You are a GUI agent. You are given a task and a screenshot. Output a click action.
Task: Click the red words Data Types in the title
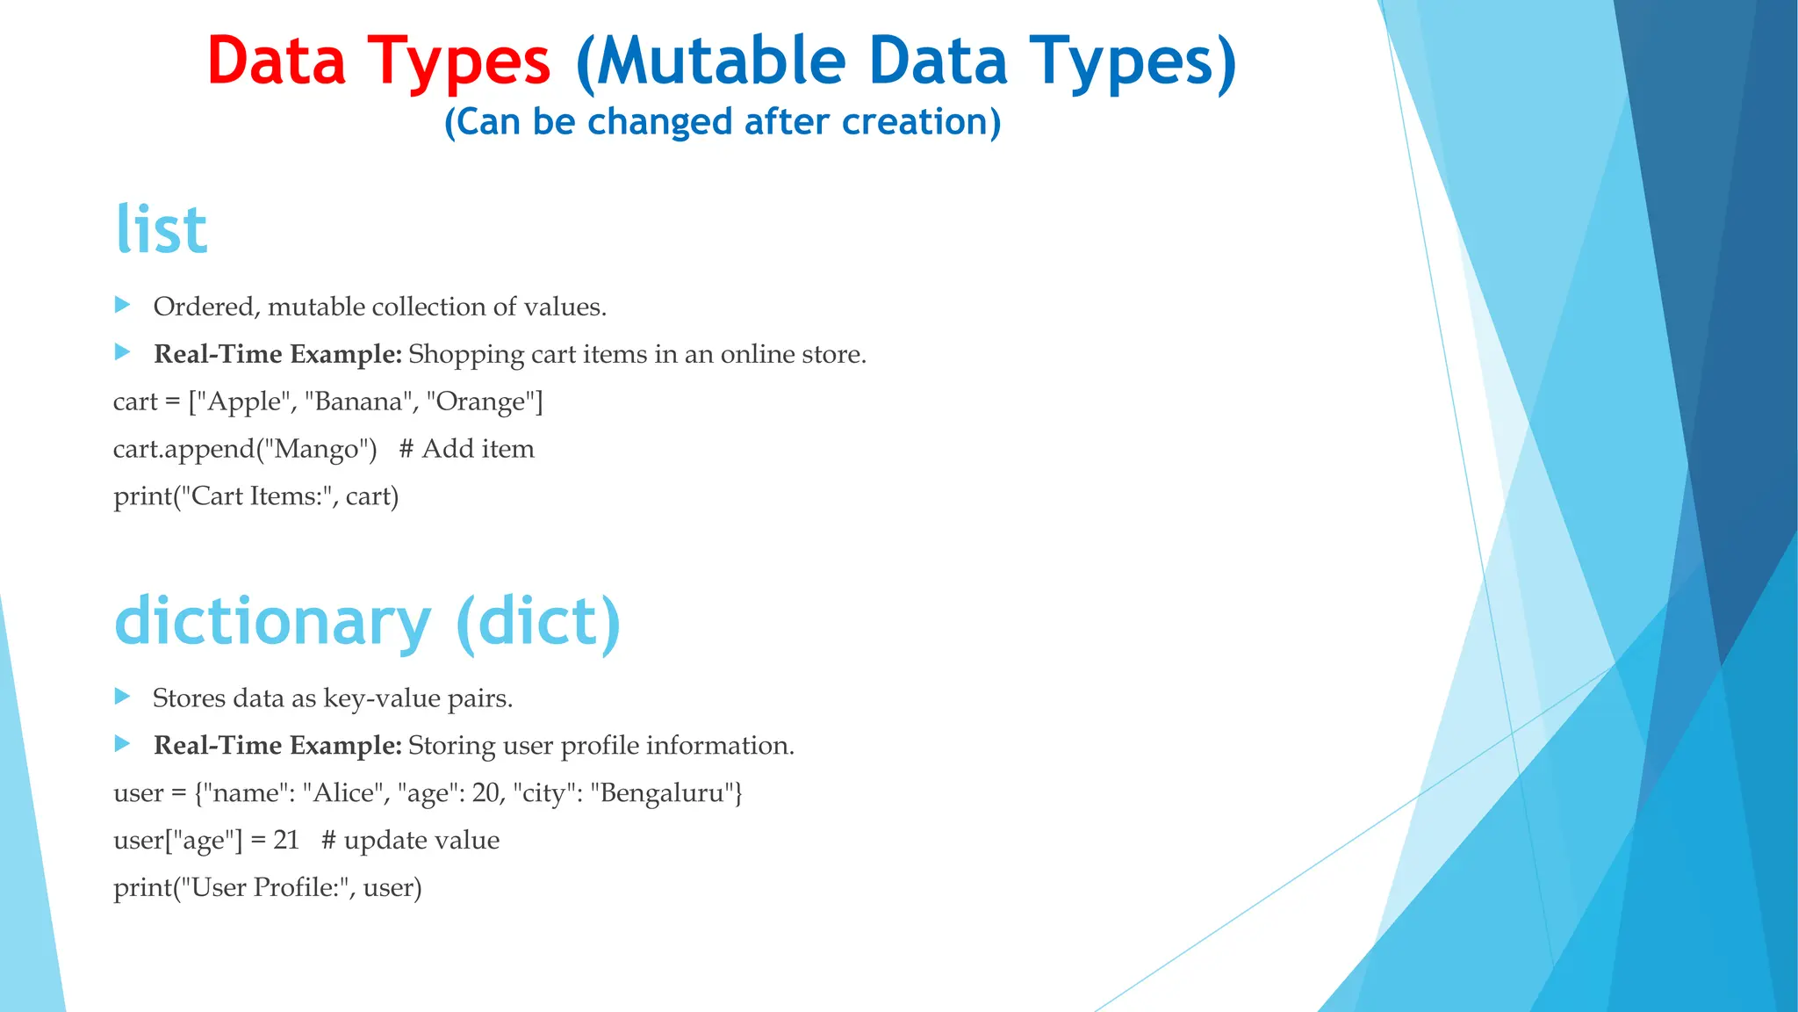tap(378, 61)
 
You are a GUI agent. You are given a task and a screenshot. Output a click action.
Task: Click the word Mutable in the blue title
tap(720, 61)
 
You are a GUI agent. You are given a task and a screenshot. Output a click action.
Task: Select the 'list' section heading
tap(162, 230)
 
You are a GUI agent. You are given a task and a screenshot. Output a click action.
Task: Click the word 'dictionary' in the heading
tap(273, 622)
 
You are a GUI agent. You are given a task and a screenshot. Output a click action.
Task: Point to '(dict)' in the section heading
tap(538, 622)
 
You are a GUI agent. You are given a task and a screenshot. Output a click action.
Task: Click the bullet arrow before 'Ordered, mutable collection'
tap(123, 305)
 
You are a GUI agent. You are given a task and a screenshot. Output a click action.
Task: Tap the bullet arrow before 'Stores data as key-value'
tap(123, 697)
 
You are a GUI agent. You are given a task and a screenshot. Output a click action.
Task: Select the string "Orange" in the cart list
tap(482, 401)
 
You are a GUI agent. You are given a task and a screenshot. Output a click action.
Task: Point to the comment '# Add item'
tap(466, 449)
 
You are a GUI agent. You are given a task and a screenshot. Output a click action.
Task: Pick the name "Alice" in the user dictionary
tap(343, 793)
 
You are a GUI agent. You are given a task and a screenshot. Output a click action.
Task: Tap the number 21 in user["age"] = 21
tap(286, 841)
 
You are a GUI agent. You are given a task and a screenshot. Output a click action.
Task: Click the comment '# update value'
tap(411, 841)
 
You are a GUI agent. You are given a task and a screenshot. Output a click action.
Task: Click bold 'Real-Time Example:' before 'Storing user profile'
tap(277, 746)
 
